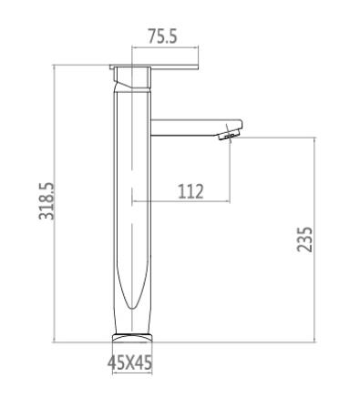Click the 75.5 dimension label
(162, 36)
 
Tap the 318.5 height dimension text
(46, 201)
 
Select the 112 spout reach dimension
(190, 191)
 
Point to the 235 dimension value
(304, 240)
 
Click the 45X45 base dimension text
(129, 362)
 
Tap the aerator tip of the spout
(230, 135)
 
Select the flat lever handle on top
(154, 67)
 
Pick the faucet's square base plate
(132, 337)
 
